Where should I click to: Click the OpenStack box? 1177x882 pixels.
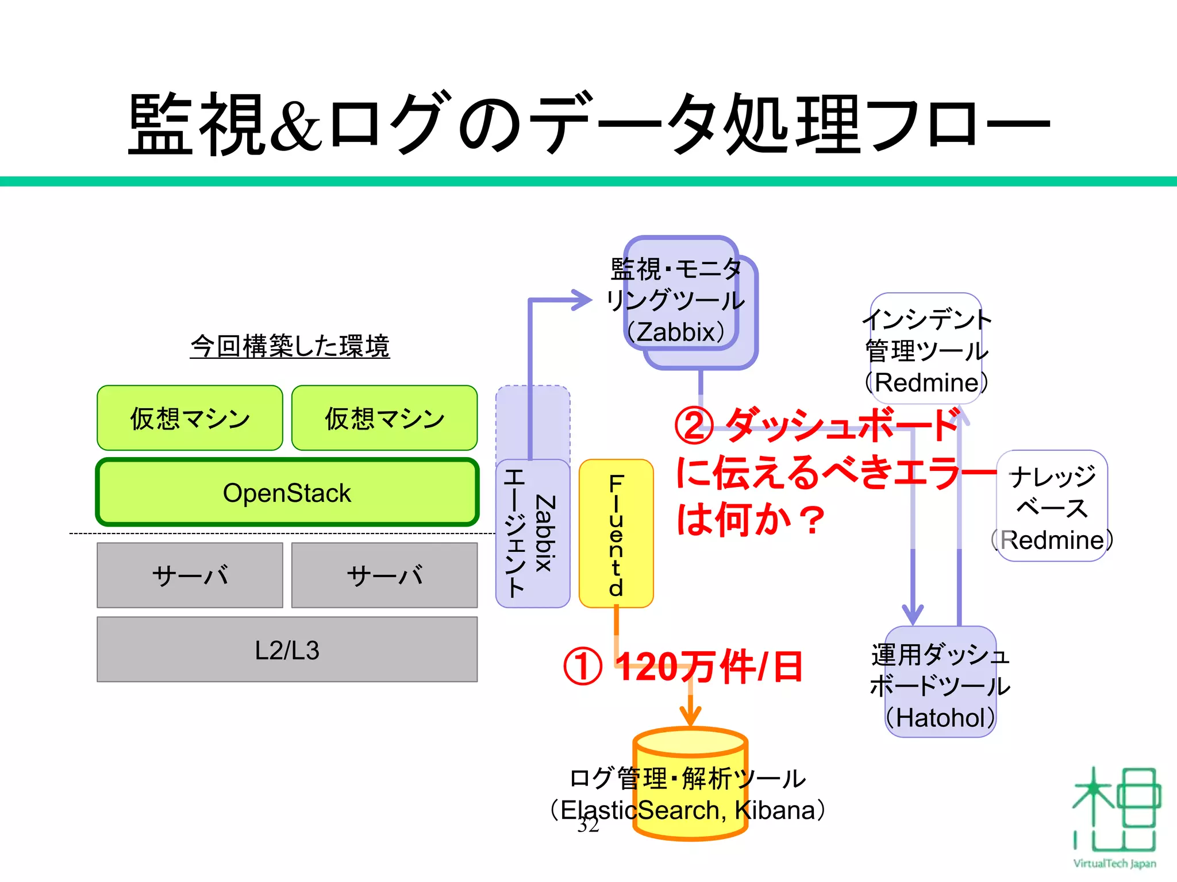pos(287,492)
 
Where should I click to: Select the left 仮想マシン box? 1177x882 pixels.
pos(190,418)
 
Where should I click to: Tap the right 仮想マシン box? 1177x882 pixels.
pos(384,418)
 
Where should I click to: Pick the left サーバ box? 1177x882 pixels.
pos(190,575)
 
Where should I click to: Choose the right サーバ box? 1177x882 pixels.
pos(384,575)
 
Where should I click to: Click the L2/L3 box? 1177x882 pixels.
pos(287,649)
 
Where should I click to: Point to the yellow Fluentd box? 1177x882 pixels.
pos(616,533)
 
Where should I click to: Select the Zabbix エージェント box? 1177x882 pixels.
pos(532,533)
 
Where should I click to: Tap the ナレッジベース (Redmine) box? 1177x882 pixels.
pos(1052,506)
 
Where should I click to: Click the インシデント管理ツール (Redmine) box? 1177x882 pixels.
pos(926,350)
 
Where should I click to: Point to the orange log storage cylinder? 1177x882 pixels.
pos(690,784)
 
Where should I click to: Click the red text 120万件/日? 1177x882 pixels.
pos(709,667)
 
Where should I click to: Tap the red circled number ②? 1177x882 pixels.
pos(694,426)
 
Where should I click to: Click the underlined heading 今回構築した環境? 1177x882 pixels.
pos(290,346)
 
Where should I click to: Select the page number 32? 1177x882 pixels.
pos(588,826)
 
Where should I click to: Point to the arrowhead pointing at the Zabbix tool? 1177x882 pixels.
pos(580,300)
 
